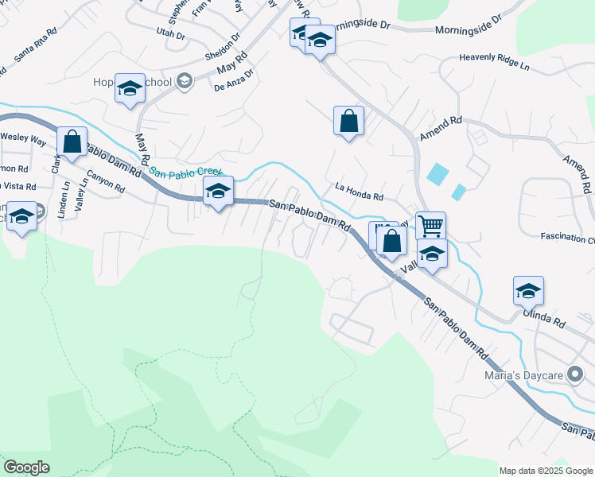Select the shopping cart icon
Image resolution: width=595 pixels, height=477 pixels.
[x=430, y=226]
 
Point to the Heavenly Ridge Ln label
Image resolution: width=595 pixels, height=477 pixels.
[x=494, y=58]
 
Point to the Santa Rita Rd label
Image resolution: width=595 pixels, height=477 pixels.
[x=35, y=43]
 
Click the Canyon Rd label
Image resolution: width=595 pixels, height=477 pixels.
[x=106, y=183]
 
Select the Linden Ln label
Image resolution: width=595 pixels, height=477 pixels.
[x=64, y=196]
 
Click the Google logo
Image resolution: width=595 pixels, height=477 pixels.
[x=26, y=467]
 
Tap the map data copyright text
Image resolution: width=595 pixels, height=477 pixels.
[x=546, y=471]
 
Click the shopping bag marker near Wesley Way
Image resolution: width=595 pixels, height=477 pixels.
[x=72, y=142]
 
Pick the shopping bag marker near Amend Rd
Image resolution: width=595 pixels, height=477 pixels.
[x=348, y=121]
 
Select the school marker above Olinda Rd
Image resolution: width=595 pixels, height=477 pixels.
[x=528, y=291]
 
